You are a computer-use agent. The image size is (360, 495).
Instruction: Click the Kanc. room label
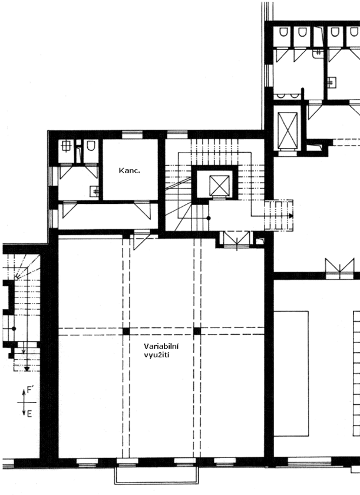130,170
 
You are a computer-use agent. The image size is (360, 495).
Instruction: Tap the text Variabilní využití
161,351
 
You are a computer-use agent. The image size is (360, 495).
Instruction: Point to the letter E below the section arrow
29,414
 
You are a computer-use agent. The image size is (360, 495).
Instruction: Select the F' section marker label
30,390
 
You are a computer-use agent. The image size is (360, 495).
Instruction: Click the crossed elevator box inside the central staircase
219,185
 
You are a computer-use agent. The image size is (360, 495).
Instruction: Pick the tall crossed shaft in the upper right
288,130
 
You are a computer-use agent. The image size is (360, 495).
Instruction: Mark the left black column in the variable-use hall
126,331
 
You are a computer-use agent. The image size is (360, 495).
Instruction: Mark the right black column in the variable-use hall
197,331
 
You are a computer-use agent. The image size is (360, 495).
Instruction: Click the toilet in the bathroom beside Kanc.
91,146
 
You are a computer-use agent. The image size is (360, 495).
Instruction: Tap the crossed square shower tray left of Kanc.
65,146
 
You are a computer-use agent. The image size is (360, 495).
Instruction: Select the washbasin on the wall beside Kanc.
95,191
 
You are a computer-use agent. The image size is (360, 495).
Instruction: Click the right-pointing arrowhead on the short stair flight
291,216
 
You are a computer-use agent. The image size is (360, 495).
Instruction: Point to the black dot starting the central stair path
209,218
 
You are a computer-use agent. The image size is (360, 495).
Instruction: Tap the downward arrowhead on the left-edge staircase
27,368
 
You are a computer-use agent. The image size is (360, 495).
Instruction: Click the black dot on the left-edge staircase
14,329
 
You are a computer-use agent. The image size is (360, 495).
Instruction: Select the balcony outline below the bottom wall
157,475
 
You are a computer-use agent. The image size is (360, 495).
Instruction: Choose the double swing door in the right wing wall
339,269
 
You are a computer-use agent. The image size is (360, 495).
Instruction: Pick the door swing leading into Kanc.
143,209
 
